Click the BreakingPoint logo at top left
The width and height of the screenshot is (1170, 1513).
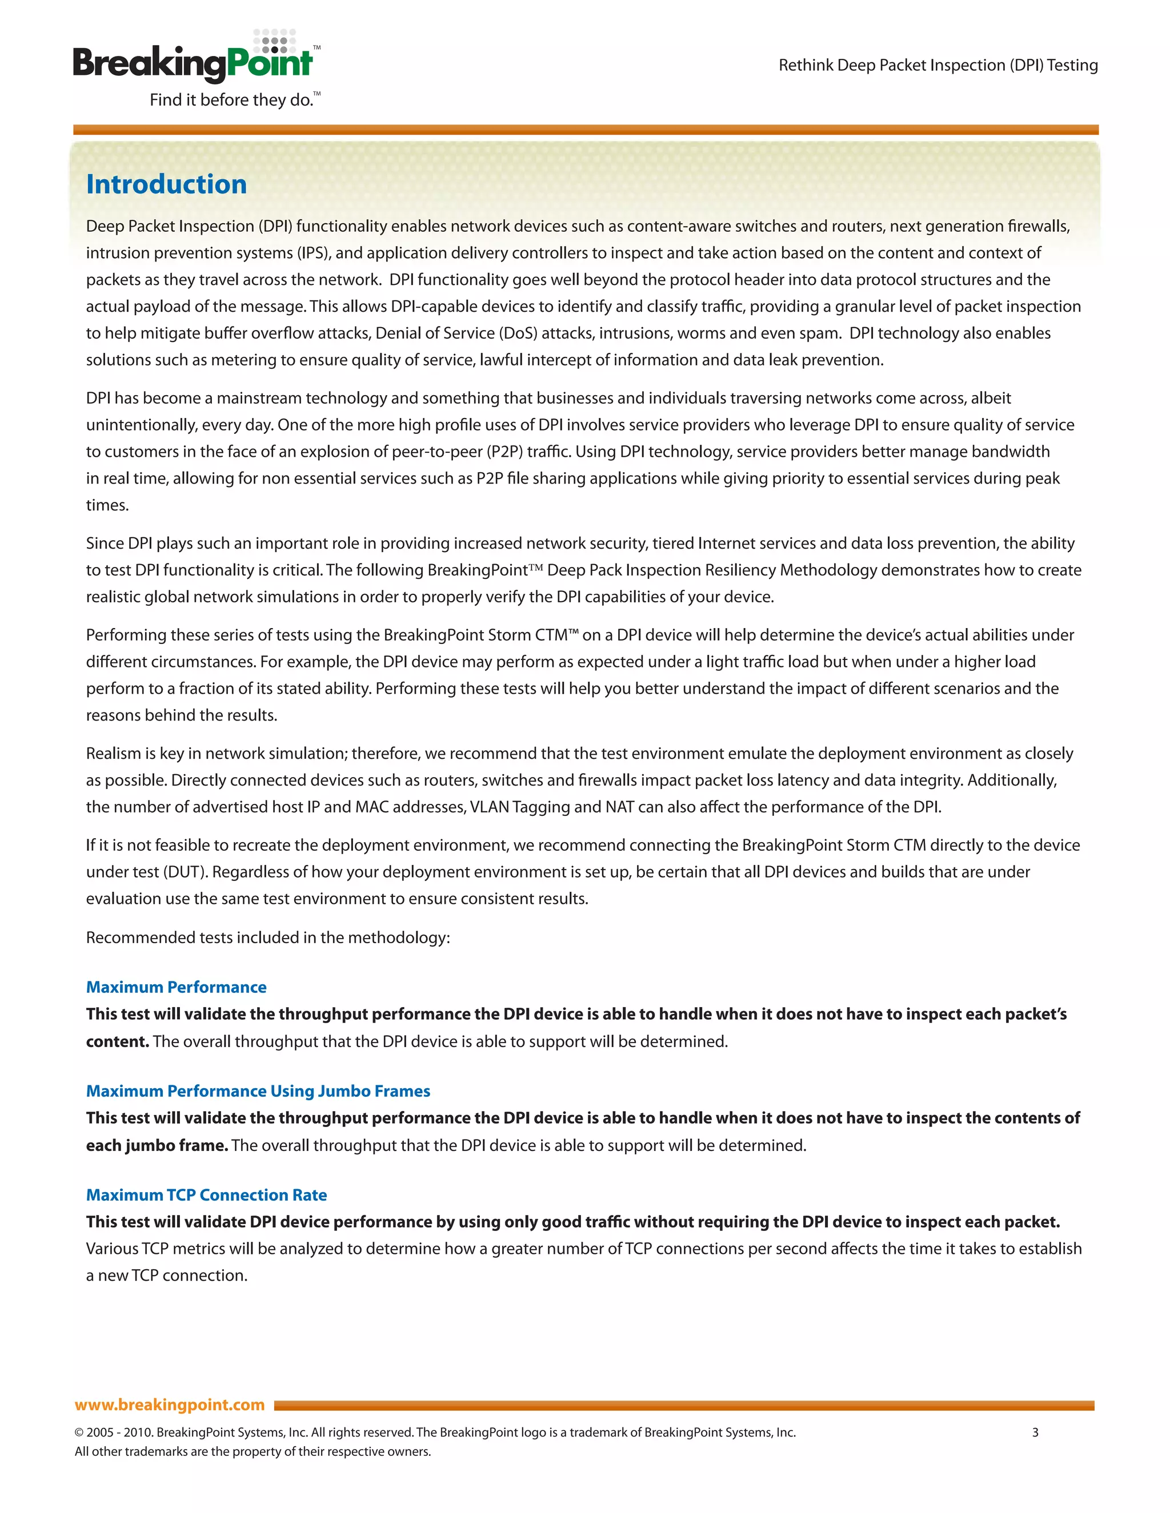click(194, 62)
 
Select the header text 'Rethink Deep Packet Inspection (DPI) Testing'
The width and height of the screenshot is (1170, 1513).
click(938, 65)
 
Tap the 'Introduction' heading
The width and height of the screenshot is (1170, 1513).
click(166, 184)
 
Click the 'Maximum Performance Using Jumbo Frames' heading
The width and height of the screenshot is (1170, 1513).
click(258, 1091)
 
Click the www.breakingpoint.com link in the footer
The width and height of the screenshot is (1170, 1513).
click(170, 1405)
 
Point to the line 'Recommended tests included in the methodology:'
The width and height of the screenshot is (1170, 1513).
click(267, 937)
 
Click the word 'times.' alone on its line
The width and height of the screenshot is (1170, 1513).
click(107, 505)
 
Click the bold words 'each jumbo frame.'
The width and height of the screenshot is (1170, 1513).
click(157, 1145)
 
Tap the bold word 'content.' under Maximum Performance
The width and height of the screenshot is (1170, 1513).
click(117, 1041)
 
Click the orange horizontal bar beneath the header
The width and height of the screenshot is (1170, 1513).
click(585, 130)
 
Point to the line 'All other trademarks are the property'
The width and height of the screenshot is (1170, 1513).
click(253, 1451)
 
